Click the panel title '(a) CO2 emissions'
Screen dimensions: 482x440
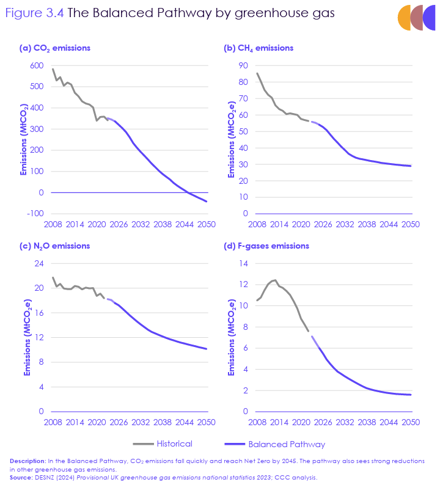(x=55, y=48)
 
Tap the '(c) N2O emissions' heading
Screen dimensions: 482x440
(x=55, y=246)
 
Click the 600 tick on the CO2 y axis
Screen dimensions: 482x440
(x=36, y=66)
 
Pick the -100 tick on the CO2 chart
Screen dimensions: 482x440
(x=35, y=214)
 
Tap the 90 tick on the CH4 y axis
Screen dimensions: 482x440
(x=243, y=66)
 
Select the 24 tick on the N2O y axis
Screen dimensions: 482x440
(x=39, y=264)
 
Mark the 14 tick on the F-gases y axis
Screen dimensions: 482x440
(x=243, y=264)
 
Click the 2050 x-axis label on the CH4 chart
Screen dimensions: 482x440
(x=410, y=224)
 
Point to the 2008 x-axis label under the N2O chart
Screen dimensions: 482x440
(x=53, y=422)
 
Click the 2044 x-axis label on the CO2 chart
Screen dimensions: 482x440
(x=184, y=224)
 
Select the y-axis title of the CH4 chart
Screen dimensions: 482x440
(x=232, y=140)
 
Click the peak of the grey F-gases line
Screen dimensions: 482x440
(x=275, y=280)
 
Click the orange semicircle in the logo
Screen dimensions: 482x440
(x=404, y=17)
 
